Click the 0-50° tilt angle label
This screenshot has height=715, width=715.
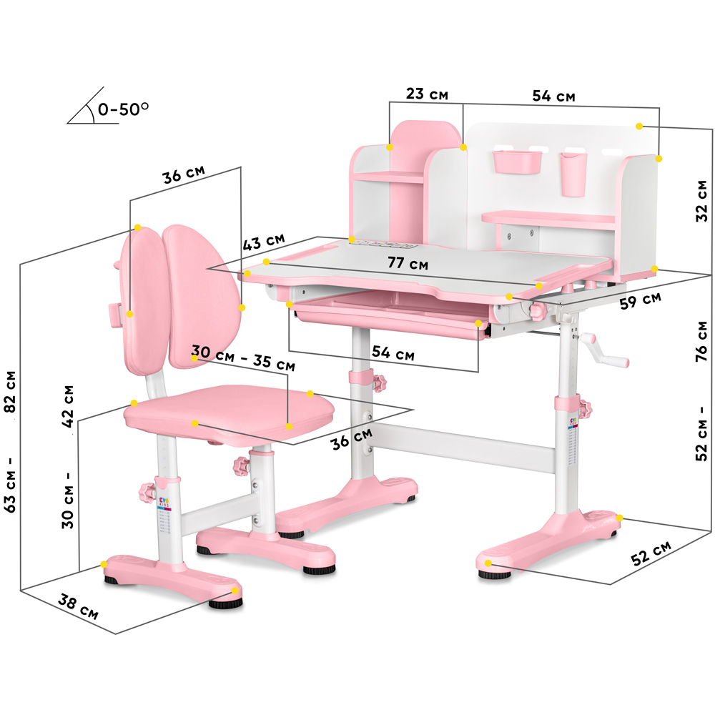(x=123, y=109)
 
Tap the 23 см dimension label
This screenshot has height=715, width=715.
(x=428, y=94)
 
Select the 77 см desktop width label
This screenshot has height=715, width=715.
(x=408, y=263)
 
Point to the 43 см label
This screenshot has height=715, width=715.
(x=264, y=242)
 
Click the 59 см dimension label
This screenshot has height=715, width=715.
(x=640, y=300)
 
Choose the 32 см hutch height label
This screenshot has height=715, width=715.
(x=702, y=201)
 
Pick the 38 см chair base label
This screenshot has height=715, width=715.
(x=78, y=607)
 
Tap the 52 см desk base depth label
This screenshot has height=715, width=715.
(x=651, y=553)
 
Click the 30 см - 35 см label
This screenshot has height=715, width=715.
(x=243, y=357)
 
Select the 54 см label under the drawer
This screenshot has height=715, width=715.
(x=393, y=352)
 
